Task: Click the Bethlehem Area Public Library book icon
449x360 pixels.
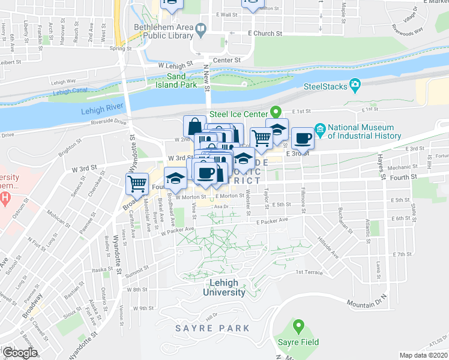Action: tap(201, 28)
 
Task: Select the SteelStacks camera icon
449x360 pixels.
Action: tap(356, 86)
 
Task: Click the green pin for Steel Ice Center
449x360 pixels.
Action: tap(276, 112)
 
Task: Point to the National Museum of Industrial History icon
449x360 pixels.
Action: tap(320, 129)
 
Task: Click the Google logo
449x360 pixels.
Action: tap(20, 352)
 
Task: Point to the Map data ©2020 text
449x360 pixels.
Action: tap(423, 355)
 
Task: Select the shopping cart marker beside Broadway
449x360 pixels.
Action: tap(137, 183)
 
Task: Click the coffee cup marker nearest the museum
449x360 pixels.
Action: tap(303, 137)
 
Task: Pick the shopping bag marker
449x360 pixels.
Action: tap(194, 127)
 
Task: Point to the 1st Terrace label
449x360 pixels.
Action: tap(309, 272)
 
